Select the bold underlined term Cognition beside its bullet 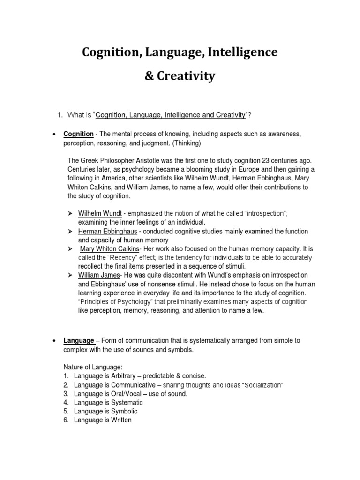pyautogui.click(x=79, y=135)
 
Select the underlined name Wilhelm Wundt pyautogui.click(x=99, y=213)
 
